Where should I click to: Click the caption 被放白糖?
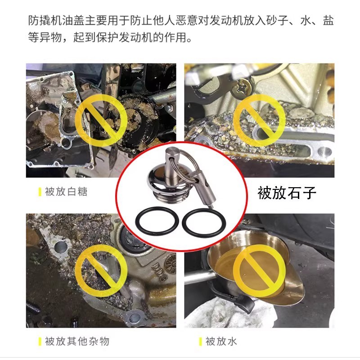coord(66,192)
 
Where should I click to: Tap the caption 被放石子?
coord(287,193)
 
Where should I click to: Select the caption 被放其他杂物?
coord(77,341)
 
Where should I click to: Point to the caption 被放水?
coord(222,341)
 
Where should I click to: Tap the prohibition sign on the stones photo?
coord(258,120)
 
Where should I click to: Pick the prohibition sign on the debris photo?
coord(96,270)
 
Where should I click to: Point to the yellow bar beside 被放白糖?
coord(40,192)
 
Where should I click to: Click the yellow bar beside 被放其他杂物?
coord(40,341)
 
